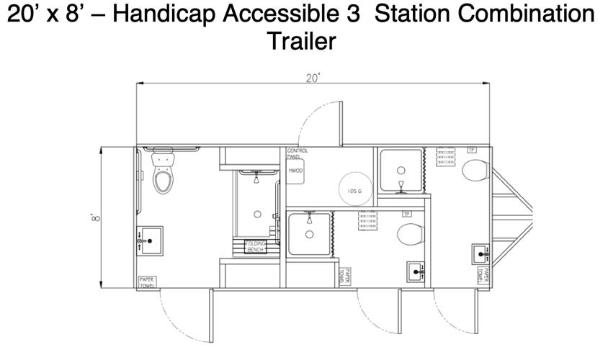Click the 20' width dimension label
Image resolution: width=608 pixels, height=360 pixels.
(313, 78)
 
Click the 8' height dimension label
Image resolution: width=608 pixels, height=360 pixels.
(94, 217)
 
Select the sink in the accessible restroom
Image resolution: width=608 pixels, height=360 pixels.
(150, 241)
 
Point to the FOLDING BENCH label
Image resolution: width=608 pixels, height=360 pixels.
(256, 246)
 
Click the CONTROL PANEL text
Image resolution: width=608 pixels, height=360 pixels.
(297, 153)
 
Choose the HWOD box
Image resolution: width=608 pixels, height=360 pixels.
(296, 171)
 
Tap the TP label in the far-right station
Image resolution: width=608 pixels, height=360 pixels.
(472, 150)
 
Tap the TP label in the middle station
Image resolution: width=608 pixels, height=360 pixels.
(406, 214)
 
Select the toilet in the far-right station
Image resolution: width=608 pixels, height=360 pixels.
(475, 171)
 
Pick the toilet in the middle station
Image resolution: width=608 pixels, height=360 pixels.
(409, 234)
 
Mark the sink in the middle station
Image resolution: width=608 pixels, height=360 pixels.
(416, 271)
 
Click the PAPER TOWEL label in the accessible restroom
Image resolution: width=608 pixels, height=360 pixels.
(148, 282)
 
